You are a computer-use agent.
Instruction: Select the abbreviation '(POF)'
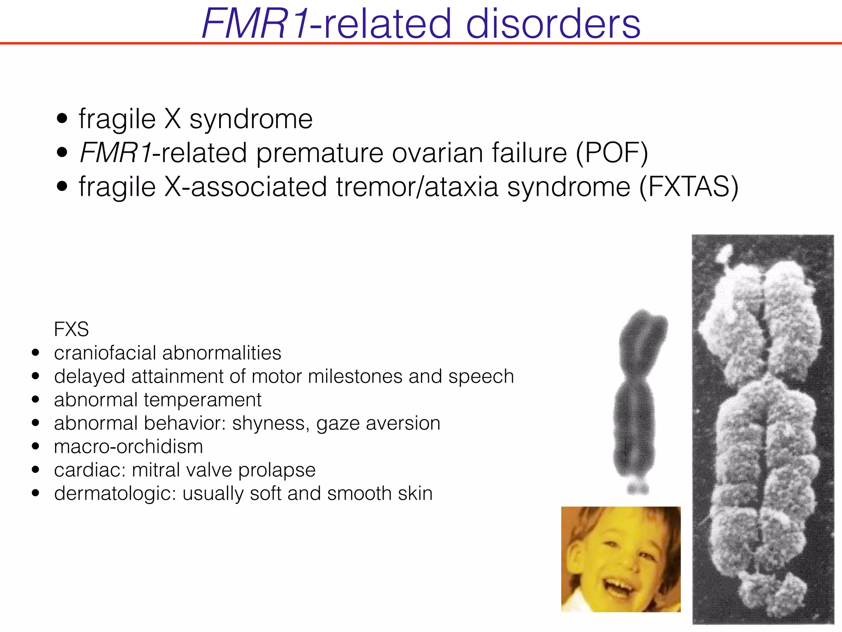[612, 153]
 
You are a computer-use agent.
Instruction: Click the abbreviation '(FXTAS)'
[689, 187]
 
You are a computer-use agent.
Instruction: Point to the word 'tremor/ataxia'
[417, 187]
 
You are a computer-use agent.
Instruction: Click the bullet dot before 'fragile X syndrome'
[62, 119]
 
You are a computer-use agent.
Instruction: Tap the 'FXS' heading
[71, 329]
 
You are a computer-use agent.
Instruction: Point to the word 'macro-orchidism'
[128, 447]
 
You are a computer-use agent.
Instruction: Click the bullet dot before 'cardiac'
[36, 470]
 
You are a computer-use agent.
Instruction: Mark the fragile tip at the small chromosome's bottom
[638, 486]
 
